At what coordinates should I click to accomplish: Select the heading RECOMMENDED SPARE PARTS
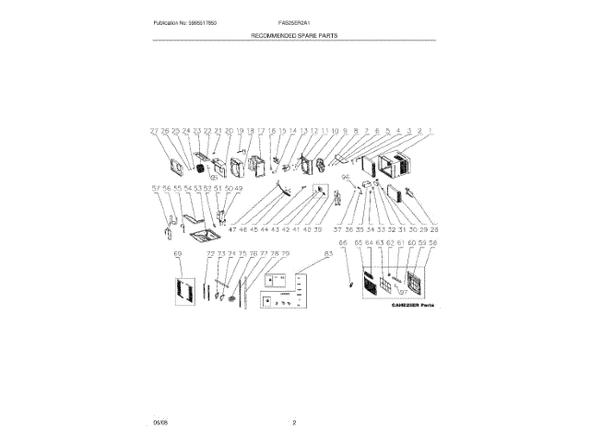[295, 34]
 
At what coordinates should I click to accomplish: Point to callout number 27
[155, 132]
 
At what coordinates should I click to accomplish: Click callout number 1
[431, 132]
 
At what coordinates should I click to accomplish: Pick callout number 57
[155, 189]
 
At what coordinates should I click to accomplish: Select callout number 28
[434, 228]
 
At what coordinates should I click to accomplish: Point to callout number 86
[343, 244]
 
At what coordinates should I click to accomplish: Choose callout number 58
[433, 244]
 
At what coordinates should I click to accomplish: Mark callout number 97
[403, 291]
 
